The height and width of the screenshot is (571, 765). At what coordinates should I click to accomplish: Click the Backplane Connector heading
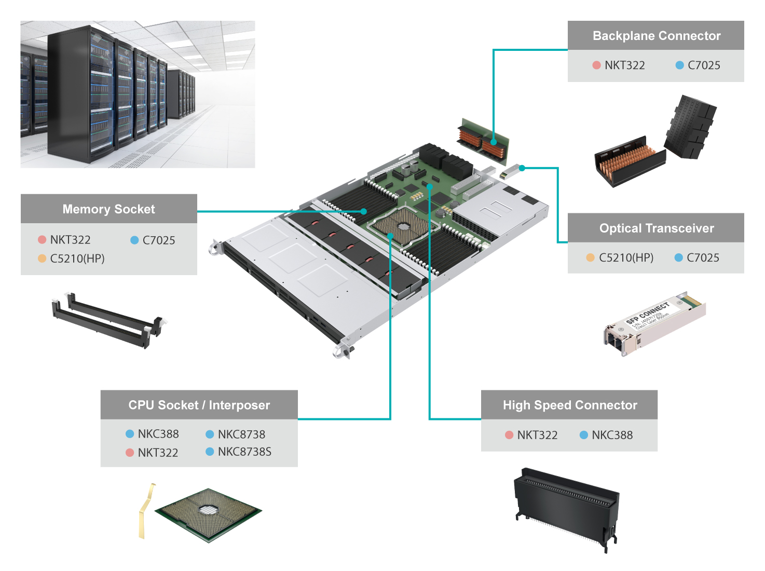click(x=656, y=36)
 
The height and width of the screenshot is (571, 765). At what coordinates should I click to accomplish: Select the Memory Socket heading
click(x=108, y=209)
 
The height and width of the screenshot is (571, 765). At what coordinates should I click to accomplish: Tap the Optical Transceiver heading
click(x=656, y=228)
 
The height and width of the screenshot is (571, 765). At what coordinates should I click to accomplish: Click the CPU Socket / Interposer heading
click(x=199, y=405)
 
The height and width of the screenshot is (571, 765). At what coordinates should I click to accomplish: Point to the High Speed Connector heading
click(x=569, y=405)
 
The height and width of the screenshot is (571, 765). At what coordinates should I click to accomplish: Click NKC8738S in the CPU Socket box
click(x=244, y=452)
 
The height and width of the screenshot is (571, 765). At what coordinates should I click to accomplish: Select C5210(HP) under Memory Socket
click(x=77, y=259)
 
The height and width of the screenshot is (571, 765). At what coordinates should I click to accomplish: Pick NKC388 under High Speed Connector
click(x=612, y=435)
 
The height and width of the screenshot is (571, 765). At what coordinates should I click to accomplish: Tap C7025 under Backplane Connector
click(x=704, y=65)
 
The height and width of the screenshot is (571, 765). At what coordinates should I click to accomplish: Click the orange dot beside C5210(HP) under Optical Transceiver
click(x=590, y=257)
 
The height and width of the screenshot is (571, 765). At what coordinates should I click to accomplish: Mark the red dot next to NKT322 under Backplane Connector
click(x=596, y=65)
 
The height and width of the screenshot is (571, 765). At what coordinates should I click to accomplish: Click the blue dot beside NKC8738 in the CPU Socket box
click(x=210, y=434)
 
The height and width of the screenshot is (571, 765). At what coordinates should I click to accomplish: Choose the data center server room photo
click(x=138, y=94)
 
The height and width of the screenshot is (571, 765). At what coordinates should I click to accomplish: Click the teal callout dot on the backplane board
click(x=494, y=142)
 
